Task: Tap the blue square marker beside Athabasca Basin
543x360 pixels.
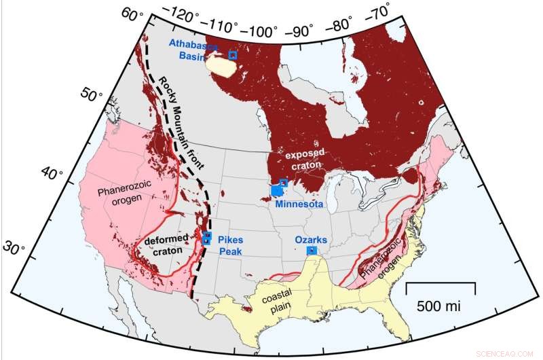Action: pyautogui.click(x=233, y=55)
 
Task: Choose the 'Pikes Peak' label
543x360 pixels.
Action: pyautogui.click(x=230, y=247)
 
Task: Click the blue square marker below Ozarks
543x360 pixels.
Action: pyautogui.click(x=312, y=251)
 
